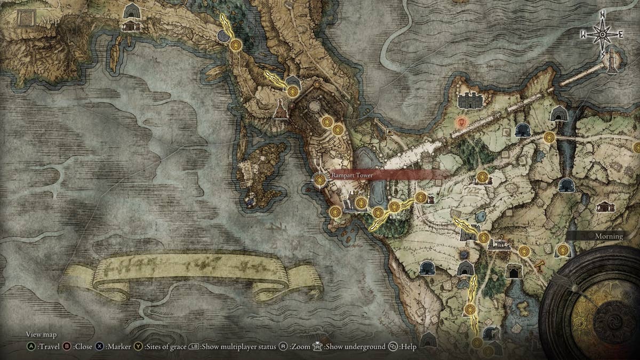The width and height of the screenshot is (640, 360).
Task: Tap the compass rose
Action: [x=602, y=35]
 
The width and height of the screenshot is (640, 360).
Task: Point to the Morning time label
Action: [x=609, y=236]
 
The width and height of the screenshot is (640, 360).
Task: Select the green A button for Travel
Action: [x=31, y=347]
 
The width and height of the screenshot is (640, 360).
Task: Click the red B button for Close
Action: [x=68, y=347]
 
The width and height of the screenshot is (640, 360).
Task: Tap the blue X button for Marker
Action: [x=100, y=347]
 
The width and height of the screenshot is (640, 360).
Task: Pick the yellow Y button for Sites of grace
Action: [x=138, y=347]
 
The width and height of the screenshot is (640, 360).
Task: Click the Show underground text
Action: [x=356, y=347]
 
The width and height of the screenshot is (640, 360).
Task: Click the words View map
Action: [x=41, y=334]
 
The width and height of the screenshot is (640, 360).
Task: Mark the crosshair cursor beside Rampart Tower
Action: [x=320, y=180]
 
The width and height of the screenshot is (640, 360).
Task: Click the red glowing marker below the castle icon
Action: [x=462, y=122]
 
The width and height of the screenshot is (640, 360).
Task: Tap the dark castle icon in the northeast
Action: [x=470, y=100]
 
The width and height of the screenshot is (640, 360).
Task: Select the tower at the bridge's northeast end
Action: [x=612, y=61]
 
